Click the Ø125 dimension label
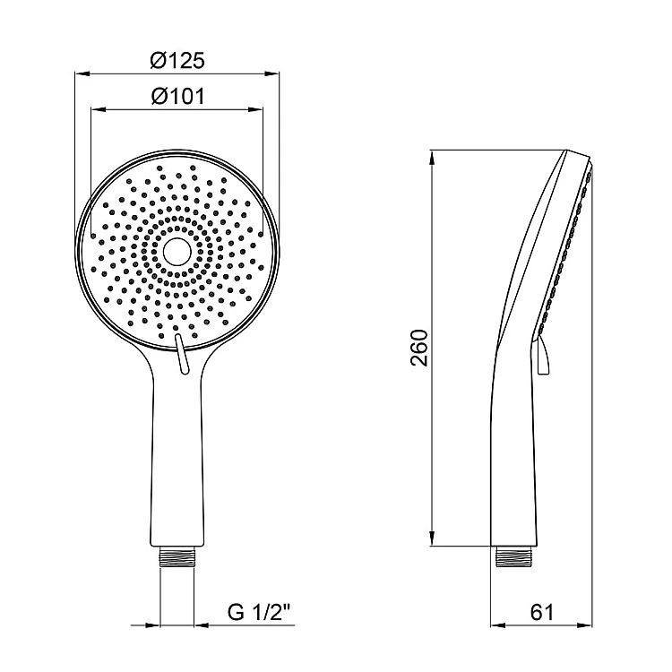click(177, 60)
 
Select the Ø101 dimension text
click(178, 96)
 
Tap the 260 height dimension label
click(419, 348)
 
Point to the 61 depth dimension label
click(542, 612)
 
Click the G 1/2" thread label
click(259, 612)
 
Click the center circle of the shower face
click(177, 252)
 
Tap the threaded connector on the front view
click(177, 556)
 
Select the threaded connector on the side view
click(513, 556)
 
